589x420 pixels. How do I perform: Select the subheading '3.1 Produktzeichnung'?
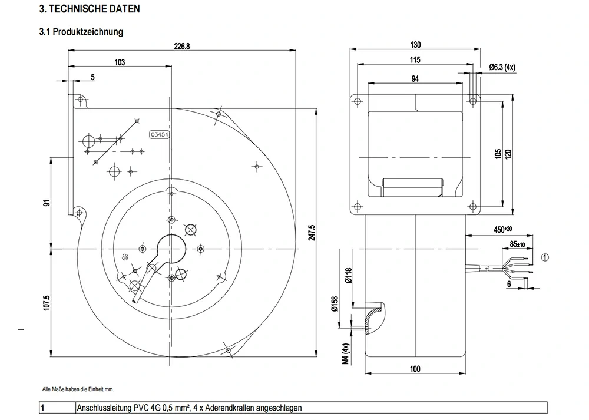[81, 32]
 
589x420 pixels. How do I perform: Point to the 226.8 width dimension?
[182, 47]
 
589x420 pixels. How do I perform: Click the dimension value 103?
[120, 62]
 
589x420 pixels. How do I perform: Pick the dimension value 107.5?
[47, 303]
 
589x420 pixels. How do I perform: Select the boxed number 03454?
[160, 134]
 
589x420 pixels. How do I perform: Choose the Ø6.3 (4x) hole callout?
[502, 68]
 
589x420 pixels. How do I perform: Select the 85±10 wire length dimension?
[518, 244]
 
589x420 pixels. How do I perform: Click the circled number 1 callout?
[545, 257]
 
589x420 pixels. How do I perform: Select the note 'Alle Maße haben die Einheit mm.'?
[78, 389]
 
